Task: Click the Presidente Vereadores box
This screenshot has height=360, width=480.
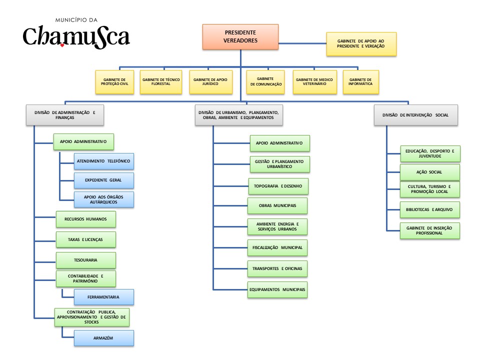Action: point(240,37)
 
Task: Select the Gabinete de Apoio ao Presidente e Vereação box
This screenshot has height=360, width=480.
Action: point(361,44)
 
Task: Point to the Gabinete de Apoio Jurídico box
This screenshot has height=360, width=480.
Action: point(211,82)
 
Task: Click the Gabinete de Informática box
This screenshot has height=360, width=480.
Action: point(360,82)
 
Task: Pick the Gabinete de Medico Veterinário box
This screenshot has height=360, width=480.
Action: point(314,82)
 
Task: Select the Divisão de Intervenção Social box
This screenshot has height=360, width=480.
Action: point(415,115)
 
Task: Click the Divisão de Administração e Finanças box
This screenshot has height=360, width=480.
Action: point(64,115)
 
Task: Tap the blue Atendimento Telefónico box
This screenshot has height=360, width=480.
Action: point(104,161)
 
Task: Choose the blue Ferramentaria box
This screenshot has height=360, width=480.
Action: point(104,297)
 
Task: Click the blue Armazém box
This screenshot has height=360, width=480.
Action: point(104,338)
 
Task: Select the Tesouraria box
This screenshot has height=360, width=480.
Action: point(85,260)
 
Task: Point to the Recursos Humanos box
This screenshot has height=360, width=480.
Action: point(85,219)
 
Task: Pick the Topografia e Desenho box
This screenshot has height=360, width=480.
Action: point(278,186)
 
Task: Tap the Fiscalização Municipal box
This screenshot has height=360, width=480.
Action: point(277,247)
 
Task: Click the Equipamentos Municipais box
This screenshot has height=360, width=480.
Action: point(277,289)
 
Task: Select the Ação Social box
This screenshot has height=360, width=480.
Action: point(429,172)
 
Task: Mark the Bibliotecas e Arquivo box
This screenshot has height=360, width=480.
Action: point(429,210)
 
